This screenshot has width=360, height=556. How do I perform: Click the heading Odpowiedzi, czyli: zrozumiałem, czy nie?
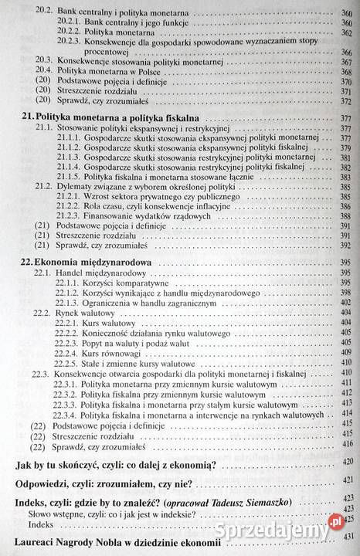[104, 483]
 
